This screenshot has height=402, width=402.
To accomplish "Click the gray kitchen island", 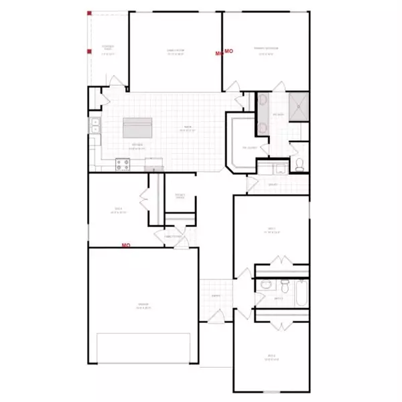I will [137, 127].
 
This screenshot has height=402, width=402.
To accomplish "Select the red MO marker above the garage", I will [125, 245].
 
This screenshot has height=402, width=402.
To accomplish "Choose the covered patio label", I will [108, 48].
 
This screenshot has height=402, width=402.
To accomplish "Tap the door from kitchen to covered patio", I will [115, 84].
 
